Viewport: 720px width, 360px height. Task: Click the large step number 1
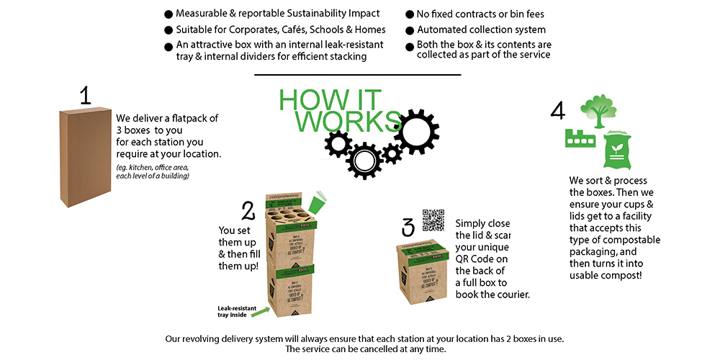click(x=85, y=95)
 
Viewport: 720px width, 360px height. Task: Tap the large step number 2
click(x=248, y=211)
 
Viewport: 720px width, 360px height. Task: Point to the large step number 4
click(x=557, y=110)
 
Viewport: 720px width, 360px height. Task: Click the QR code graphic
click(x=434, y=221)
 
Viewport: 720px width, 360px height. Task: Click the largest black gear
click(x=416, y=132)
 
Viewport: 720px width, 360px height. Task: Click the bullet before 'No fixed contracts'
click(x=410, y=14)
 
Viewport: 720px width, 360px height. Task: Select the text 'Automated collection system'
click(x=481, y=30)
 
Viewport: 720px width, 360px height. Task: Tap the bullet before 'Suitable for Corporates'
click(x=168, y=30)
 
